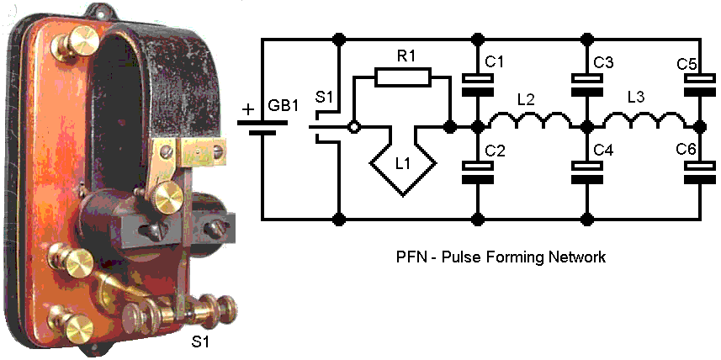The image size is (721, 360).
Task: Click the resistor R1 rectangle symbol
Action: click(x=402, y=78)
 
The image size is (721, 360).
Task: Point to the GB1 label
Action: click(x=283, y=109)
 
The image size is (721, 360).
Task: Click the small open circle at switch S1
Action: click(x=355, y=128)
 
